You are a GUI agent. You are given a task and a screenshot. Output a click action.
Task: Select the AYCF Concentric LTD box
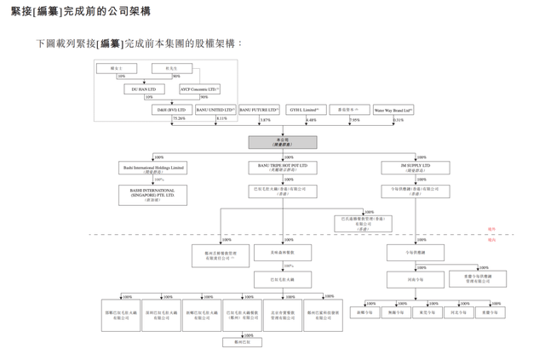point(199,89)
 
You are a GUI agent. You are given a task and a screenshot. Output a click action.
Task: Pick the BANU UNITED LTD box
point(215,110)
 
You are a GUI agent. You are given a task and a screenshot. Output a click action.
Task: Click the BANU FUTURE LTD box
point(259,110)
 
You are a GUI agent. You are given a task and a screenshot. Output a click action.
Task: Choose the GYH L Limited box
point(305,110)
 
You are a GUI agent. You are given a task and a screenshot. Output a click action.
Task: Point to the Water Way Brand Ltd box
point(393,110)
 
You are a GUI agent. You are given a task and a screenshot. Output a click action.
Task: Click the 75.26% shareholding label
point(179,119)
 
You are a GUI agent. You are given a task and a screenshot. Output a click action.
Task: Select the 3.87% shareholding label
point(265,120)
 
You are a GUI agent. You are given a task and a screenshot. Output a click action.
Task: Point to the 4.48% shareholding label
point(311,120)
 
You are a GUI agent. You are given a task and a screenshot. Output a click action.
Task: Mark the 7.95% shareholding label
point(355,120)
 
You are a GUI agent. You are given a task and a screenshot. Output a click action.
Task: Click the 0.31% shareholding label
point(399,120)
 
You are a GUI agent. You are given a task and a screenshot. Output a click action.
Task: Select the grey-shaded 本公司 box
point(283,142)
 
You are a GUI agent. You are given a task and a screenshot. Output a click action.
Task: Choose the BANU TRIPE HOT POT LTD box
point(283,168)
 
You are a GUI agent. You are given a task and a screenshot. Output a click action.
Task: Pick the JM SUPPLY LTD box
point(416,168)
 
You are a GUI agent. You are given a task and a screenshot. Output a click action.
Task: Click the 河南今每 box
point(415,278)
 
